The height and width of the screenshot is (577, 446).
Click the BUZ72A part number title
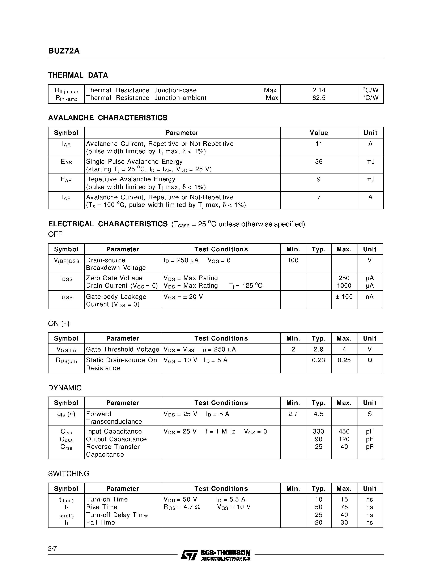[x=64, y=51]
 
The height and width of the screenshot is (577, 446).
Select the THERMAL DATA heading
[x=78, y=75]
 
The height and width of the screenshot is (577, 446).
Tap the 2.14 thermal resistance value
[x=319, y=90]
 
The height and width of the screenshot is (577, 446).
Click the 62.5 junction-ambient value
[x=319, y=98]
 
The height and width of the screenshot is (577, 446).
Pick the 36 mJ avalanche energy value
[x=319, y=162]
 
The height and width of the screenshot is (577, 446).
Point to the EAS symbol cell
[x=66, y=162]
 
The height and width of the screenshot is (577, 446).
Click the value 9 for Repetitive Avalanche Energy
[x=319, y=179]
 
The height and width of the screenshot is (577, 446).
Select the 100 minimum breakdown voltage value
[x=293, y=260]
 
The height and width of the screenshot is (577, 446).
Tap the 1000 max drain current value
[x=344, y=286]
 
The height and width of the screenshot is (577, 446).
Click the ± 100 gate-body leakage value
[x=344, y=297]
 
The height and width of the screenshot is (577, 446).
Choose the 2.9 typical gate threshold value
[x=318, y=349]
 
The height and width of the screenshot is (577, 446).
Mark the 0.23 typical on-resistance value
[x=318, y=360]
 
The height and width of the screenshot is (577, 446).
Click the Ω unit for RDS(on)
[x=370, y=360]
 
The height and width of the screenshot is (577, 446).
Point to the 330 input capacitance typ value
[x=318, y=431]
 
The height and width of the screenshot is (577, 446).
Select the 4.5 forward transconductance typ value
[x=318, y=414]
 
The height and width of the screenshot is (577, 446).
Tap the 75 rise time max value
[x=344, y=507]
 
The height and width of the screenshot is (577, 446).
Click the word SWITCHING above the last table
[x=69, y=474]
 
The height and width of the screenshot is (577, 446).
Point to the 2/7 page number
[x=52, y=548]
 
